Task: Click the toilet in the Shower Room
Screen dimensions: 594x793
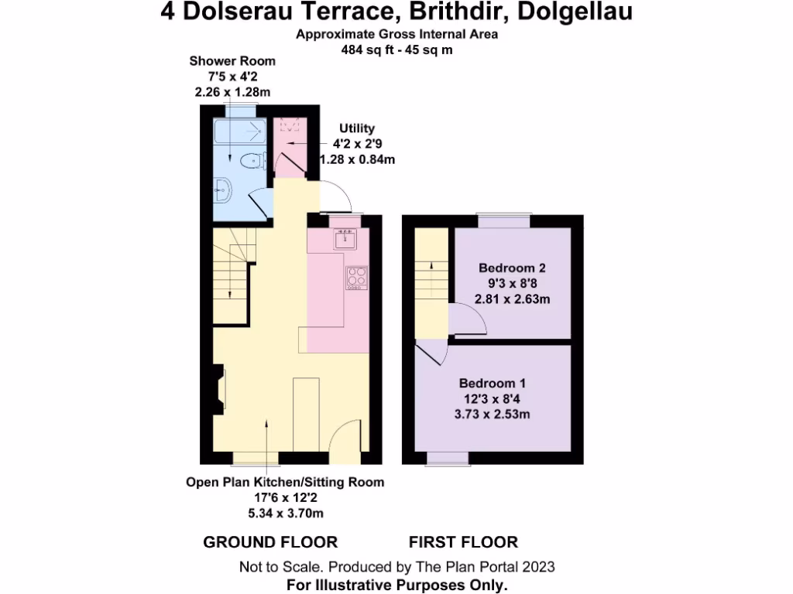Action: (250, 161)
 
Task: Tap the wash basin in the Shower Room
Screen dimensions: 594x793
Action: (222, 188)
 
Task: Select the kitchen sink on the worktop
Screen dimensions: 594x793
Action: (343, 240)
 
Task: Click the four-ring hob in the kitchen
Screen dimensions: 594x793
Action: (356, 278)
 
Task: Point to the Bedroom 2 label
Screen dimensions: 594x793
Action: (512, 268)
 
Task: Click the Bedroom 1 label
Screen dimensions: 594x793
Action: (493, 384)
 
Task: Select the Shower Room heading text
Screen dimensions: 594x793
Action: (232, 61)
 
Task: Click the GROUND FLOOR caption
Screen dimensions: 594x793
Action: (270, 542)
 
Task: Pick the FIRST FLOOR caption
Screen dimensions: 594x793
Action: (463, 542)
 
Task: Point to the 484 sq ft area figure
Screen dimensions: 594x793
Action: (365, 49)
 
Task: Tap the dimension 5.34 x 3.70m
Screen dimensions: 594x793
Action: (285, 513)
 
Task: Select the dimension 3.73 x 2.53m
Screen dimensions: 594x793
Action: (493, 414)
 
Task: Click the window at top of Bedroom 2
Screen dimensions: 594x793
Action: (504, 220)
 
